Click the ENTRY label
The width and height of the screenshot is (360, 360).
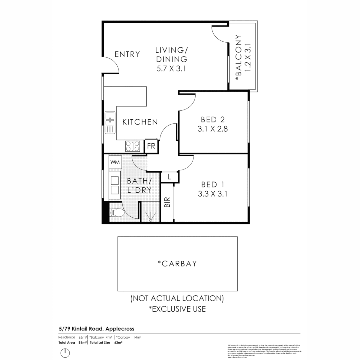(127, 54)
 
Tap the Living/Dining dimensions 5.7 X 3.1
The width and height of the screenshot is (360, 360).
(171, 69)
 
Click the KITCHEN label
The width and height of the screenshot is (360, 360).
(140, 122)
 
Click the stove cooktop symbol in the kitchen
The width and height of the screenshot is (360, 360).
(132, 146)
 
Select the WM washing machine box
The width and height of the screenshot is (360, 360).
(115, 162)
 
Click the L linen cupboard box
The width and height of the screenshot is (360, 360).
(169, 177)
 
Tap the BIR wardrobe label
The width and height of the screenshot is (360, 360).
(167, 202)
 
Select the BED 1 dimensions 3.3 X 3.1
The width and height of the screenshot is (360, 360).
(212, 194)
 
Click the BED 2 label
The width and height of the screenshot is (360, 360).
(212, 119)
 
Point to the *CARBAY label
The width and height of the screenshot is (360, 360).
(177, 264)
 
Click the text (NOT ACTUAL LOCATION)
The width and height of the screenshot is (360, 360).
(177, 298)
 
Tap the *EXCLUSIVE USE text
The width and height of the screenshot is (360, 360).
(177, 309)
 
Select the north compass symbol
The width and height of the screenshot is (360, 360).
(66, 352)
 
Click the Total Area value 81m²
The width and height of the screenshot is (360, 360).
(83, 342)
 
